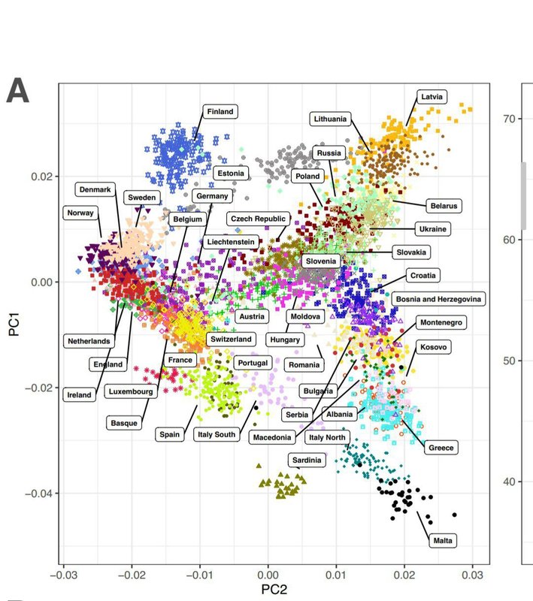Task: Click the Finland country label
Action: click(x=220, y=111)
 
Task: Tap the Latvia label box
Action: click(x=432, y=97)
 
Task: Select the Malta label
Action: click(x=443, y=540)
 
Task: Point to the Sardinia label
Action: click(x=307, y=460)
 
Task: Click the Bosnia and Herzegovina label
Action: click(x=439, y=299)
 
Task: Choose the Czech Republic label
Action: click(x=257, y=219)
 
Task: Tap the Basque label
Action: click(x=125, y=422)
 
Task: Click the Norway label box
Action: click(x=80, y=213)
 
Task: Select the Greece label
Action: click(x=441, y=448)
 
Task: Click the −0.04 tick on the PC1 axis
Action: click(x=36, y=494)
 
